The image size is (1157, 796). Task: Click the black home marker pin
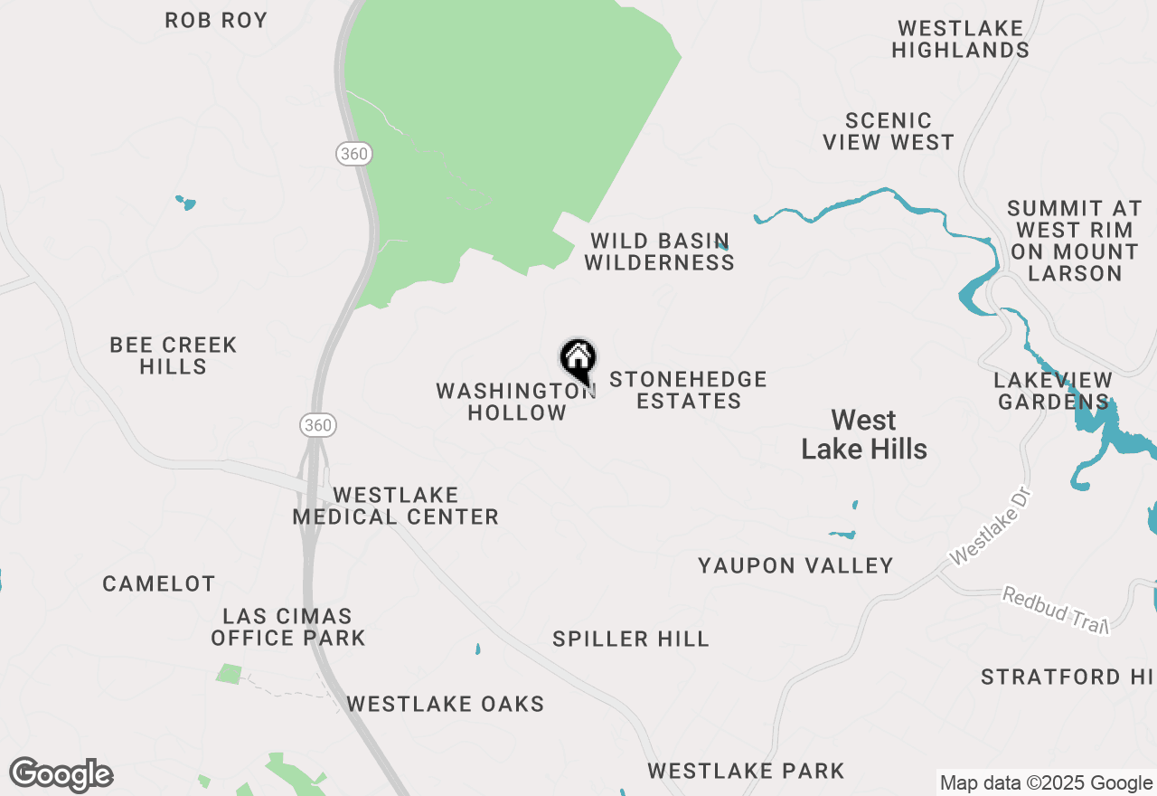(x=578, y=360)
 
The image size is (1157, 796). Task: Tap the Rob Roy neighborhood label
(x=216, y=20)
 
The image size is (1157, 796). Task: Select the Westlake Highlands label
(x=960, y=40)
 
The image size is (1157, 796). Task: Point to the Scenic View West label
(x=899, y=131)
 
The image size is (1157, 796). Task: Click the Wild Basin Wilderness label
(x=659, y=251)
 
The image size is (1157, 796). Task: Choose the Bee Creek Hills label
(x=173, y=355)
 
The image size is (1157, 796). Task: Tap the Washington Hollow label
(x=515, y=402)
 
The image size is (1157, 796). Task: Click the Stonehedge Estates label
(x=688, y=390)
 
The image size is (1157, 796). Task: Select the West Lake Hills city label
(x=864, y=434)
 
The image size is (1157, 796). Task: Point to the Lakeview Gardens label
(x=1052, y=390)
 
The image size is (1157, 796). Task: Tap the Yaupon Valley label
(x=795, y=566)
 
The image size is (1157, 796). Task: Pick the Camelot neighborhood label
(x=159, y=584)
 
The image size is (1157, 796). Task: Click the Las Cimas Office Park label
(x=288, y=627)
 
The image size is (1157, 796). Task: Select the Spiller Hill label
(x=631, y=640)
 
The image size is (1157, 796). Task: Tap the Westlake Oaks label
(x=446, y=704)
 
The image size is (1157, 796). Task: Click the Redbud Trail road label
(x=1056, y=610)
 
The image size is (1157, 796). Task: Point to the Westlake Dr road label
(x=991, y=528)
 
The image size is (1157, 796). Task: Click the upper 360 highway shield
(x=353, y=154)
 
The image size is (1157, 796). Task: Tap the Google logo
(x=61, y=775)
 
